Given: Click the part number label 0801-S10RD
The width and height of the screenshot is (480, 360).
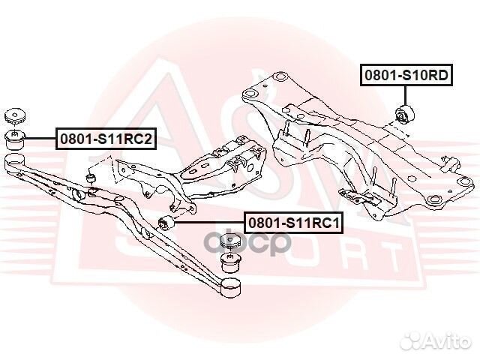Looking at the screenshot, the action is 406,75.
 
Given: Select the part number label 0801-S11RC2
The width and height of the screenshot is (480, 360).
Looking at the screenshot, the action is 106,139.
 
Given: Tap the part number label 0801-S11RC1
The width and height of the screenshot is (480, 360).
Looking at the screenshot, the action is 293,223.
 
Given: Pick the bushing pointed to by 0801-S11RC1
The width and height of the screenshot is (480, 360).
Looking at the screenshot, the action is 166,224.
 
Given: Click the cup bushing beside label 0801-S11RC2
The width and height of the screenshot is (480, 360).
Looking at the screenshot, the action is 16,139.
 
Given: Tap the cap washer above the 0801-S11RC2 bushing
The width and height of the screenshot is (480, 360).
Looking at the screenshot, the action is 15,116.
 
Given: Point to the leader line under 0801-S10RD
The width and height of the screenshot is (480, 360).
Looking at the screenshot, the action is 405,96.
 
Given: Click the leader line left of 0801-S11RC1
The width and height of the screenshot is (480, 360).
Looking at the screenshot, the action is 208,223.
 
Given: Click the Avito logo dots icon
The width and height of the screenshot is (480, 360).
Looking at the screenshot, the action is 411,340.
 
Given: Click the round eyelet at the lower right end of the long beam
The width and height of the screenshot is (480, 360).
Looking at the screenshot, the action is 231,287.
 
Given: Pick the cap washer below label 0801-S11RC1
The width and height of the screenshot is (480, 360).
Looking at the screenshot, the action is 230,241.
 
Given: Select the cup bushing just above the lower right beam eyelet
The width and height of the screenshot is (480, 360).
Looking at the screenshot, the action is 231,262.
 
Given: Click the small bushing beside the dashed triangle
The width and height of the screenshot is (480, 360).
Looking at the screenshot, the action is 91,177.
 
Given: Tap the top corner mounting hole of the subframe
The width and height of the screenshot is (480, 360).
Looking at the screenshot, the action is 280,76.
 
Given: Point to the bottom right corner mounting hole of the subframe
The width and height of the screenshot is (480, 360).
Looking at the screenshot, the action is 433,200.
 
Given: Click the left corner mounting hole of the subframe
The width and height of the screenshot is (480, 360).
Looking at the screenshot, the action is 250,94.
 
